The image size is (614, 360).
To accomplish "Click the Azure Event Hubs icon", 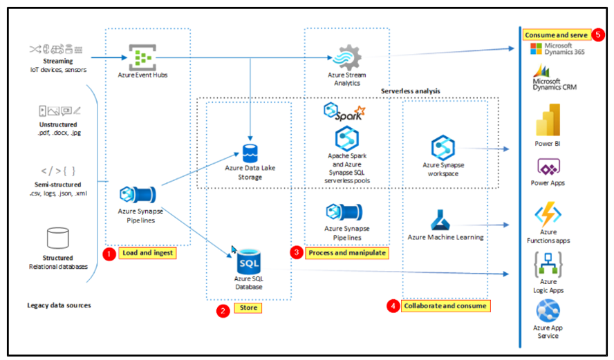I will click(141, 56).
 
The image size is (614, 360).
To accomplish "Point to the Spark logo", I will click(344, 112).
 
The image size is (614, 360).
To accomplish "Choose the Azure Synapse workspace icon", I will click(443, 148).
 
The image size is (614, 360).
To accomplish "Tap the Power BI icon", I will click(548, 120).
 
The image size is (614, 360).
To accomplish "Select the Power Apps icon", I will click(548, 168).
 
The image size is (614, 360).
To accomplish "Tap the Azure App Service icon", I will click(548, 310).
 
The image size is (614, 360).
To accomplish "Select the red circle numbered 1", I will click(109, 254).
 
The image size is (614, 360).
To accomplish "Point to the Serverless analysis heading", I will click(411, 91).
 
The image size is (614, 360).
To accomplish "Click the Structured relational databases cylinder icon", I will click(58, 238).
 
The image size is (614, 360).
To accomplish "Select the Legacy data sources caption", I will click(59, 305).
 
